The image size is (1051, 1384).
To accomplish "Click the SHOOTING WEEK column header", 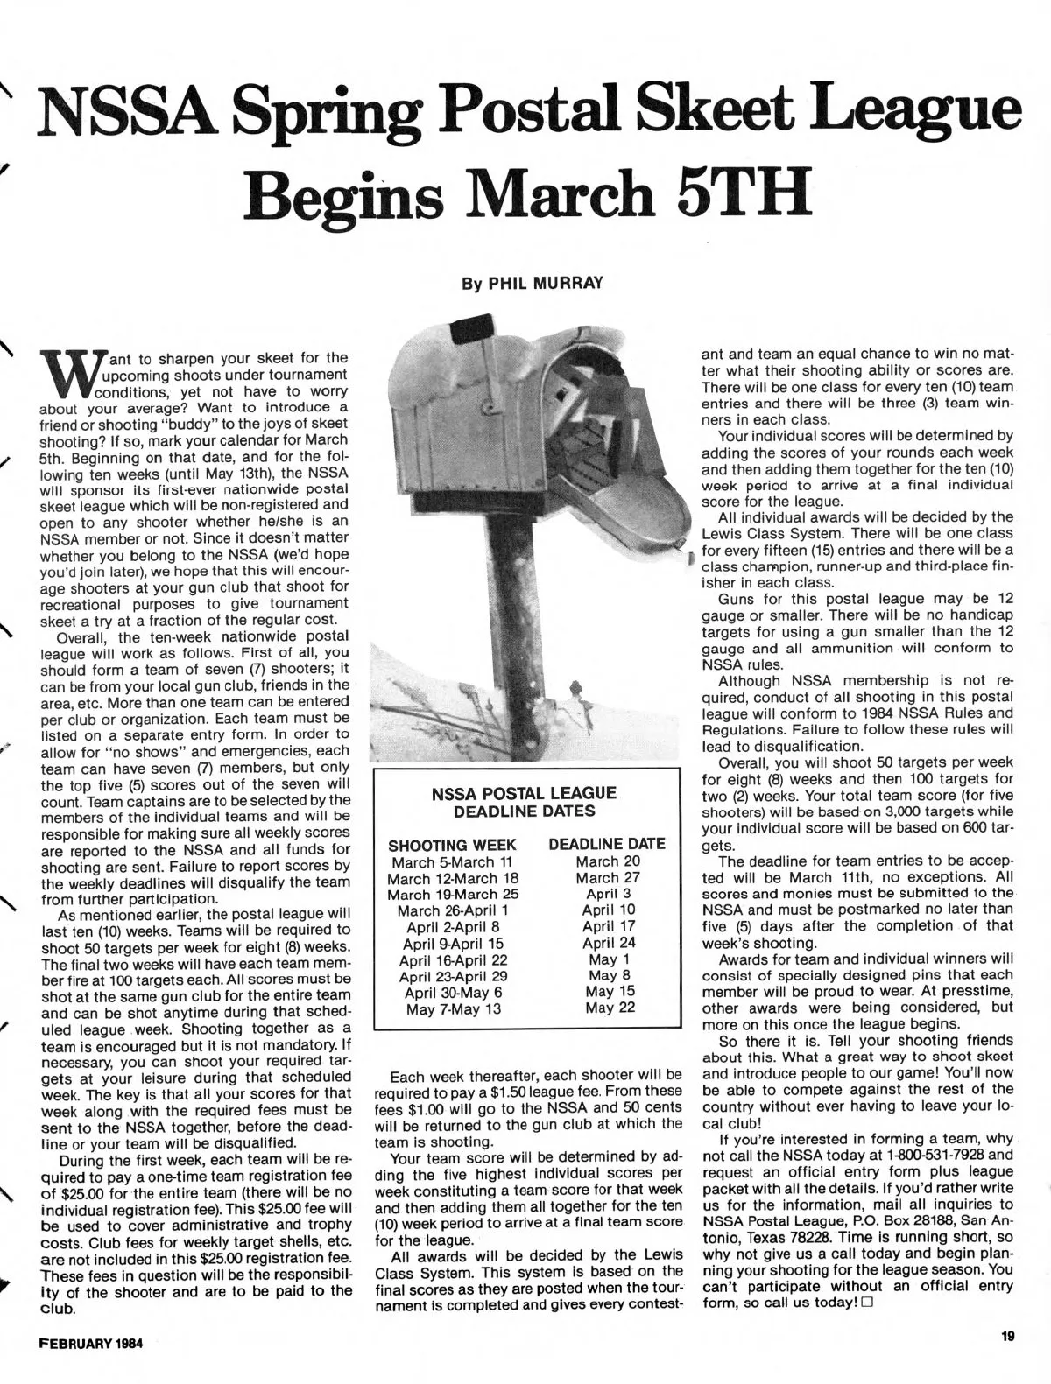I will pos(452,846).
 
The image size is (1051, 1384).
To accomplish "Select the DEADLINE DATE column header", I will pos(607,844).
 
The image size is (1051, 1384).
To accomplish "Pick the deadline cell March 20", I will pos(608,861).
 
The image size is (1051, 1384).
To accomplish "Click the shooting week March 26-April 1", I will pos(453,910).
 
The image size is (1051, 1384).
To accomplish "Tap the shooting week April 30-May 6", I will pos(453,992).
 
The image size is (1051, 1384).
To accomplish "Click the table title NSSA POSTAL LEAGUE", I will pos(525,793).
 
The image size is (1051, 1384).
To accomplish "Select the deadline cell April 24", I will pos(609,943).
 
